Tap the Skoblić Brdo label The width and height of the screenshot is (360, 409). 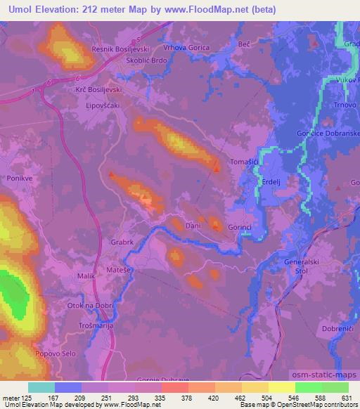127,61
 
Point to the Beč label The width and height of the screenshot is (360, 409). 244,44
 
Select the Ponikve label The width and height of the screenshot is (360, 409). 20,179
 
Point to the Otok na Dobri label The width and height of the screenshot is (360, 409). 89,304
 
